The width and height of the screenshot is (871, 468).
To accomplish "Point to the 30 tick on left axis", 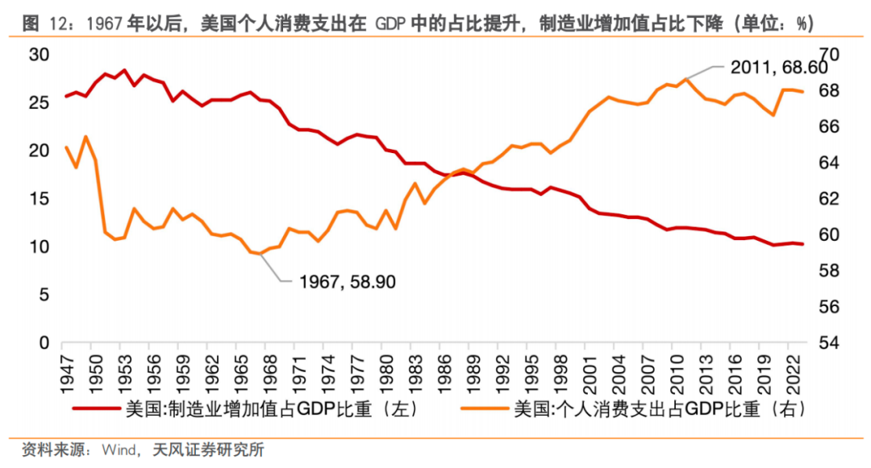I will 40,55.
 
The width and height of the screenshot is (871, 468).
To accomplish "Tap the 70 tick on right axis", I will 831,55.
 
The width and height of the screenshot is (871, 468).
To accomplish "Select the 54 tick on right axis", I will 831,342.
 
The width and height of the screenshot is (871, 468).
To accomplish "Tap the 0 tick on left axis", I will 45,342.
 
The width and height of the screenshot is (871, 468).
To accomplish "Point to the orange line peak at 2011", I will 686,79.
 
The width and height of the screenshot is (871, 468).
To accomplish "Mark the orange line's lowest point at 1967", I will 260,254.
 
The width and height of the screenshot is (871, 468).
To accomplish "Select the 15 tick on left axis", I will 40,199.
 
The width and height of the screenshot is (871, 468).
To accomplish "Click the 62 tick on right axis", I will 831,199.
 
